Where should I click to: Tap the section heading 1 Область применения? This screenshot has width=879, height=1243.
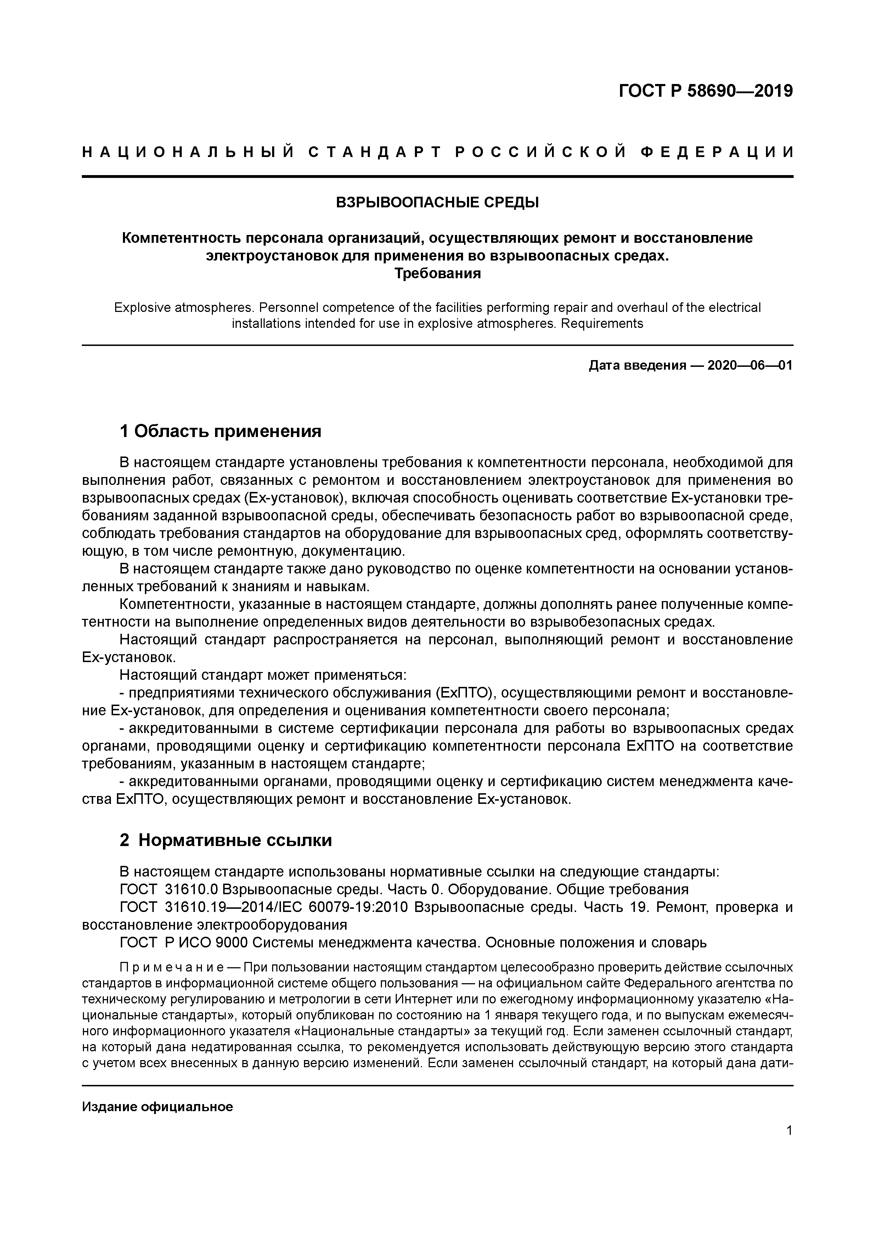[220, 431]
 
